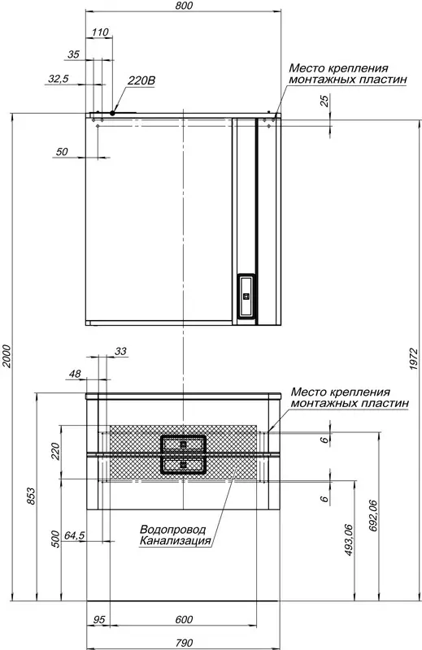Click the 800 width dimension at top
(184, 6)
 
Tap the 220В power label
(141, 80)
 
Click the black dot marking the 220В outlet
(112, 113)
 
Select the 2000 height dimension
(7, 356)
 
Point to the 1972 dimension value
(413, 359)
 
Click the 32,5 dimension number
(58, 78)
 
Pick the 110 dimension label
(100, 32)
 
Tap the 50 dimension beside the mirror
(62, 152)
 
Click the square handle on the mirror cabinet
(246, 296)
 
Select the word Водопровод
(172, 530)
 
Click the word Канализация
(175, 540)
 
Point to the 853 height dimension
(32, 496)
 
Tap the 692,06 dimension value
(372, 516)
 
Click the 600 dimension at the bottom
(184, 619)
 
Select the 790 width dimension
(184, 643)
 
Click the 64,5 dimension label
(74, 535)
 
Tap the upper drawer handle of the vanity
(183, 444)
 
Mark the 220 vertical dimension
(55, 451)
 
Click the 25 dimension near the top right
(325, 101)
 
